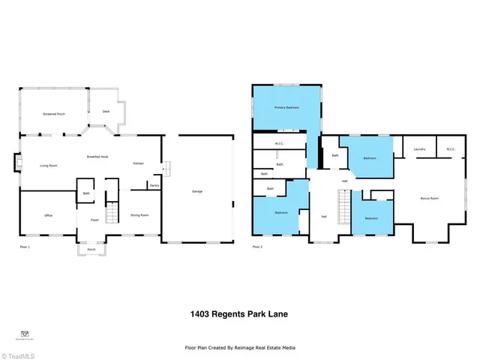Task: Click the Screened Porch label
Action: point(55,114)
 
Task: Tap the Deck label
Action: point(95,111)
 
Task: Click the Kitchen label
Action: point(138,163)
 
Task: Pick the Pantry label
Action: point(154,185)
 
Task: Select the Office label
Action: point(48,215)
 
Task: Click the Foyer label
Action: point(95,220)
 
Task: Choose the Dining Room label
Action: point(139,215)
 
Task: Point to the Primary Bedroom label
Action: point(286,108)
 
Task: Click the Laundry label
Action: point(420,149)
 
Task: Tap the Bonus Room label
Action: point(430,198)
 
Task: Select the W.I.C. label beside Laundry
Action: point(451,149)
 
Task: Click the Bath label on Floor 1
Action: point(87,193)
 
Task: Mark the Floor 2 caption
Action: point(258,247)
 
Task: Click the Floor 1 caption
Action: point(25,247)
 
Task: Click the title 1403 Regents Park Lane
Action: point(239,314)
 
